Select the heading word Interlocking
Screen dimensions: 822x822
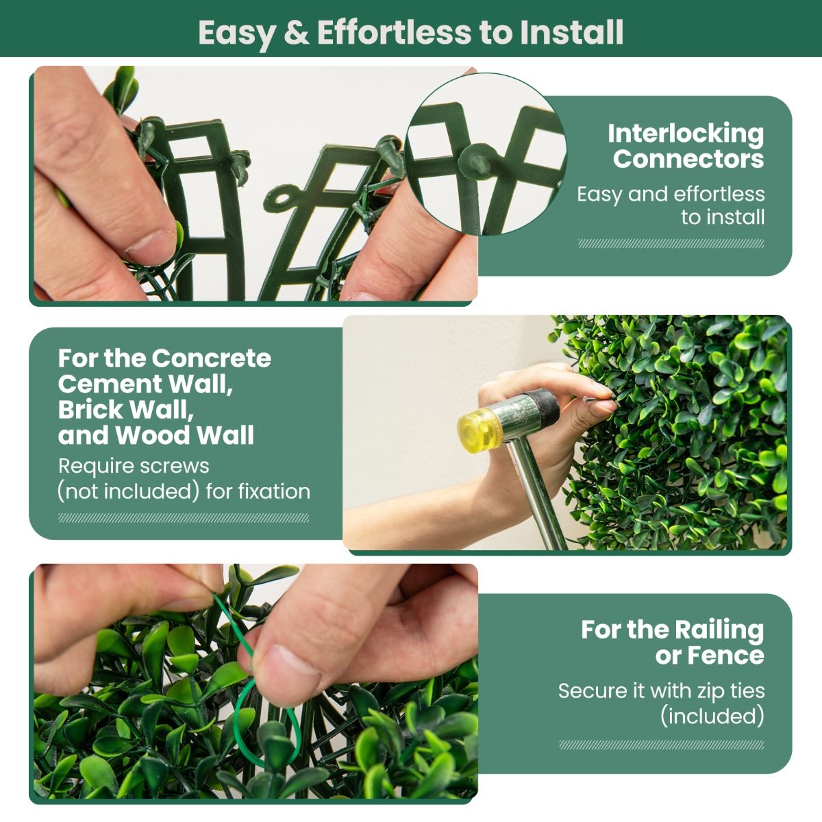pos(685,133)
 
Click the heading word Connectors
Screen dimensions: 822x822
pos(688,159)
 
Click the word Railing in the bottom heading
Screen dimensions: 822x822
pos(719,629)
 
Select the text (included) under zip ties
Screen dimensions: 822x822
pos(712,717)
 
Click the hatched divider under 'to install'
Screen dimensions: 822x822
pos(671,243)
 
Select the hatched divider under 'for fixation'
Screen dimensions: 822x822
pos(184,518)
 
